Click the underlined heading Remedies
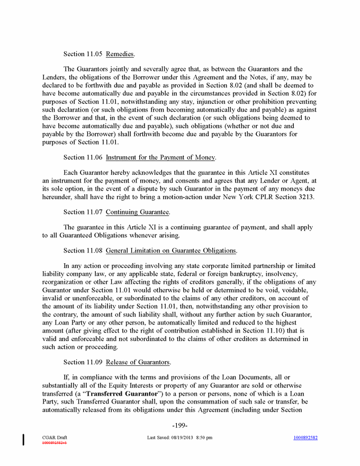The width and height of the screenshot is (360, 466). (x=120, y=54)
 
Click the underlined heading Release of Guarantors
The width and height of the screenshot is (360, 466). (x=138, y=363)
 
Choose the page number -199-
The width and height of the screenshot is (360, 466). (x=180, y=426)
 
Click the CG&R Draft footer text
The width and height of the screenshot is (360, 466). (x=55, y=437)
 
